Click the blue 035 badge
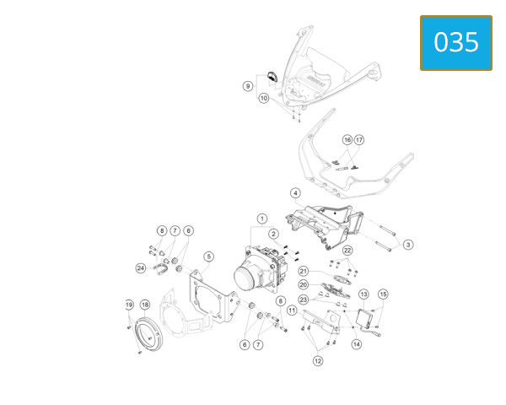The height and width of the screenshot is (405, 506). pos(456,43)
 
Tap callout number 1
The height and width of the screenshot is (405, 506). pos(262,219)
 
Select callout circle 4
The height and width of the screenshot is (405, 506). pos(296,193)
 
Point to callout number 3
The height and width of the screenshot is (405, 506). pos(408,245)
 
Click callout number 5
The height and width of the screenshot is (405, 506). pos(209,256)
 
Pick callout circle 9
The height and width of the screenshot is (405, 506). pos(248,86)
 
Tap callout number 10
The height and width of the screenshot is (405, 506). pos(264,98)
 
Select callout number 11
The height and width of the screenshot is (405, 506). pos(292,310)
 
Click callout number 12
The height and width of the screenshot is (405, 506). pos(318,361)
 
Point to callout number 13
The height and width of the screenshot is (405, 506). pos(363,294)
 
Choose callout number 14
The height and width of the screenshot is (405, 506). pos(357,344)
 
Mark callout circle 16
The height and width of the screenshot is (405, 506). pos(347,140)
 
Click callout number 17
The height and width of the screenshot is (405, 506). pos(359,140)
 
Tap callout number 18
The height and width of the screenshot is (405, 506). pos(145,305)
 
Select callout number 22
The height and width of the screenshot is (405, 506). pos(347,251)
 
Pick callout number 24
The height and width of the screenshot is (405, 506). pos(141,268)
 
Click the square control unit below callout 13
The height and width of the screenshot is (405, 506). pos(364,318)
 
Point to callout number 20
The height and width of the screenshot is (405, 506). pos(304,285)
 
